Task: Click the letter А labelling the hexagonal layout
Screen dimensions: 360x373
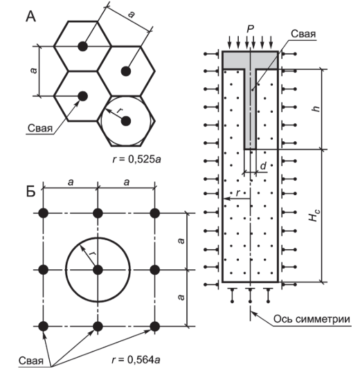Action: pos(31,17)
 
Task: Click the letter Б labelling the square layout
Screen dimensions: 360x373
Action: pos(30,191)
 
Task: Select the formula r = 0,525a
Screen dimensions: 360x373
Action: pos(136,159)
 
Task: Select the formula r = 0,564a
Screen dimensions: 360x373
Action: pos(136,359)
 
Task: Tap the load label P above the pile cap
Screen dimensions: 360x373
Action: pos(250,29)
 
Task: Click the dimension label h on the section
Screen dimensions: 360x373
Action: pos(316,109)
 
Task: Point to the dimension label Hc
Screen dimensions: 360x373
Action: pos(314,215)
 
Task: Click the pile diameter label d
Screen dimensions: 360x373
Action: pos(263,166)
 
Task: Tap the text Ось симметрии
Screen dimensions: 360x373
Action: pos(312,319)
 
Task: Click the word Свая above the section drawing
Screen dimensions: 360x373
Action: pos(303,34)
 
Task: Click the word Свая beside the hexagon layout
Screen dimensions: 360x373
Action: pos(39,128)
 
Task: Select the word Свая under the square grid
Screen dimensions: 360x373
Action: pos(31,361)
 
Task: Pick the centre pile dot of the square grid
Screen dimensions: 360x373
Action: pos(98,270)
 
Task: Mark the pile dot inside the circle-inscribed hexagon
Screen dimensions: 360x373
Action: pos(126,121)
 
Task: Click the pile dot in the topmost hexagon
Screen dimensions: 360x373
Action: pos(83,46)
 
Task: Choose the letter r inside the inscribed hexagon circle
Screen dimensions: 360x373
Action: pos(120,110)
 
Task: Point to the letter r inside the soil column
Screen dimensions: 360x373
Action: pos(237,193)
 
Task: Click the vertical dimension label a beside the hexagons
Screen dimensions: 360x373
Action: pos(34,71)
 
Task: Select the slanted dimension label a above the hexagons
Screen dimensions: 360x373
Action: pos(131,15)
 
